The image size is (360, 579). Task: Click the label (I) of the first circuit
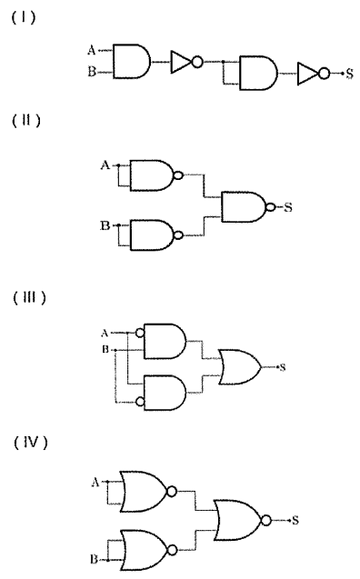(24, 17)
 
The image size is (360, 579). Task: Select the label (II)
(26, 120)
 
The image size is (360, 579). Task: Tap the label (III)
(29, 297)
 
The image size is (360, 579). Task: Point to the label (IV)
(31, 442)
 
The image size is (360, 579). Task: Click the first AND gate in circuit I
(132, 62)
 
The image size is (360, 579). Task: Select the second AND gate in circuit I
(258, 73)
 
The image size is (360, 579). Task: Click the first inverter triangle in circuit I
(181, 62)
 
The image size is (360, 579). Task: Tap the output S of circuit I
(349, 74)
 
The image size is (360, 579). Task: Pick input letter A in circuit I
(92, 49)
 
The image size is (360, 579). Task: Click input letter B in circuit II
(105, 225)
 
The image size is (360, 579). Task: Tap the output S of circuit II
(288, 207)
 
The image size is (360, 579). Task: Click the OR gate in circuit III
(240, 367)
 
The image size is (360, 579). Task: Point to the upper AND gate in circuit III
(165, 341)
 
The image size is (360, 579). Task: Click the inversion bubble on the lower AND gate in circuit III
(140, 402)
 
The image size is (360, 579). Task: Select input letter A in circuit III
(105, 333)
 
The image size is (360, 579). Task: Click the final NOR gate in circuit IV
(242, 520)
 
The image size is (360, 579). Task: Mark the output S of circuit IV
(295, 520)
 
